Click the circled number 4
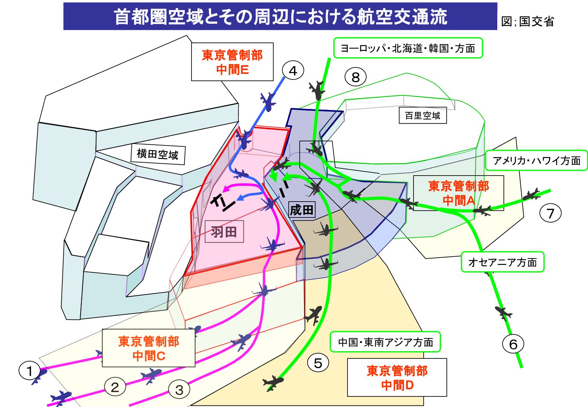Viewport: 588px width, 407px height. [x=293, y=71]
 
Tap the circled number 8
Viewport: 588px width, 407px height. [x=355, y=77]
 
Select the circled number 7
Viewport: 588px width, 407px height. [x=550, y=213]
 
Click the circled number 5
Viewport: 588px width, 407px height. [x=318, y=363]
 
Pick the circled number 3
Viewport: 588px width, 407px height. [x=179, y=390]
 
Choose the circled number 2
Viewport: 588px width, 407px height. [x=115, y=387]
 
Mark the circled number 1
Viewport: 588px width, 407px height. [x=29, y=371]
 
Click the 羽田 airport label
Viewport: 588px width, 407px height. [x=224, y=231]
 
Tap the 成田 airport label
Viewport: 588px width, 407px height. [x=302, y=210]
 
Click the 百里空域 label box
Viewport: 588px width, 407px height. [x=423, y=115]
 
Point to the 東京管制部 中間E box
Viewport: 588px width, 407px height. [x=232, y=62]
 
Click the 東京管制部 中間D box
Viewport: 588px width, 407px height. [x=397, y=377]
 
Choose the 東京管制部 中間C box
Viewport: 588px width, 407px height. [x=149, y=348]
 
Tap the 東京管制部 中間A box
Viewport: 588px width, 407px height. [x=459, y=193]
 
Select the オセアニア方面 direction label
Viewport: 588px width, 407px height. [x=503, y=262]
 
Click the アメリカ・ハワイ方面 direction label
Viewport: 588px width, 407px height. [x=537, y=160]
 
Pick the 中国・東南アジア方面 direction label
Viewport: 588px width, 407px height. [x=385, y=342]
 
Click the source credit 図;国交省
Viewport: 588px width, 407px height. [x=528, y=21]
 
